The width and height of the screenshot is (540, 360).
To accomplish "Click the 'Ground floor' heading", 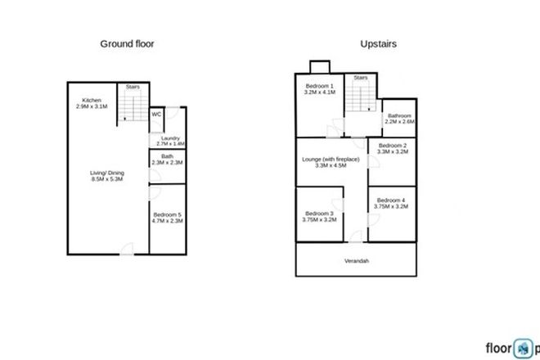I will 127,43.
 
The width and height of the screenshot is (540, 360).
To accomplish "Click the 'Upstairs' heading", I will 379,43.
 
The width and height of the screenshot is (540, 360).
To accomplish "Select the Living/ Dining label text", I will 106,176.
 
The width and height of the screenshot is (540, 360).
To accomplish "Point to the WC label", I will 155,115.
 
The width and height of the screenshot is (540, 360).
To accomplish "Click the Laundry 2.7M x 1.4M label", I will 169,141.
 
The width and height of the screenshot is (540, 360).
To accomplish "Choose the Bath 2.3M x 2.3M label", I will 167,160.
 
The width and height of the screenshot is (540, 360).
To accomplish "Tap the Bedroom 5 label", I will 167,217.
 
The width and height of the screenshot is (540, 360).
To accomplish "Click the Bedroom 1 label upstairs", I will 319,89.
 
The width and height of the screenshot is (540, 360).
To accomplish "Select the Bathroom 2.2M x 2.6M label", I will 401,119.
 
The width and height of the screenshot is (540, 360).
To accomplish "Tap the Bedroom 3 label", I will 319,217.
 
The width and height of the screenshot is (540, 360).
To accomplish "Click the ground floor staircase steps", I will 131,106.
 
